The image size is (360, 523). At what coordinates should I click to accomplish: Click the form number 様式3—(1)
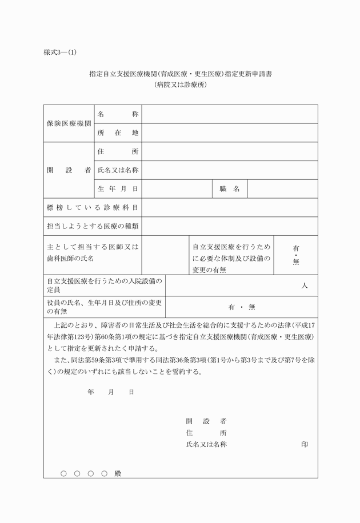pos(60,53)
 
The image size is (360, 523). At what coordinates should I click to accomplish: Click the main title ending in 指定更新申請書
pos(180,74)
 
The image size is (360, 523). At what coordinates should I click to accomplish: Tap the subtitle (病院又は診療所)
pos(180,85)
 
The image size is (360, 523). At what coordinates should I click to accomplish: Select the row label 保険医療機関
pos(69,123)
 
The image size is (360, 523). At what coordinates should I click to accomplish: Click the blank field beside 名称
pos(230,114)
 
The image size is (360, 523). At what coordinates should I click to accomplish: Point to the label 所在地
pos(118,133)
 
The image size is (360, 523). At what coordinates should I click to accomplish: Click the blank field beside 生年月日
pos(177,189)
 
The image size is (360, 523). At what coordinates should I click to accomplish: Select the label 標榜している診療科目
pos(93,207)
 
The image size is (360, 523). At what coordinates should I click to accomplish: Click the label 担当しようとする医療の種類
pos(93,226)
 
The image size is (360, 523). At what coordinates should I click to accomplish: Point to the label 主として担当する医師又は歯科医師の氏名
pos(93,253)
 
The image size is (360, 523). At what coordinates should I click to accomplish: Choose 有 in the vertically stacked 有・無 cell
pos(296,248)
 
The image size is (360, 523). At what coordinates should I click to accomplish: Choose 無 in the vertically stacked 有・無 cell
pos(296,262)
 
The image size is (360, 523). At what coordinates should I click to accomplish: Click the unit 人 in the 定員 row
pos(305,286)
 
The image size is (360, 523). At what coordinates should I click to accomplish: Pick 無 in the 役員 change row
pos(251,307)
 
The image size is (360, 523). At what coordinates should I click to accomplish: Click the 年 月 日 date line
pos(111,392)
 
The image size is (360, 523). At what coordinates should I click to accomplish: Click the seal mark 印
pos(305,444)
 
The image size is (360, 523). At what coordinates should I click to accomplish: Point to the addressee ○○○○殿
pos(91,473)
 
